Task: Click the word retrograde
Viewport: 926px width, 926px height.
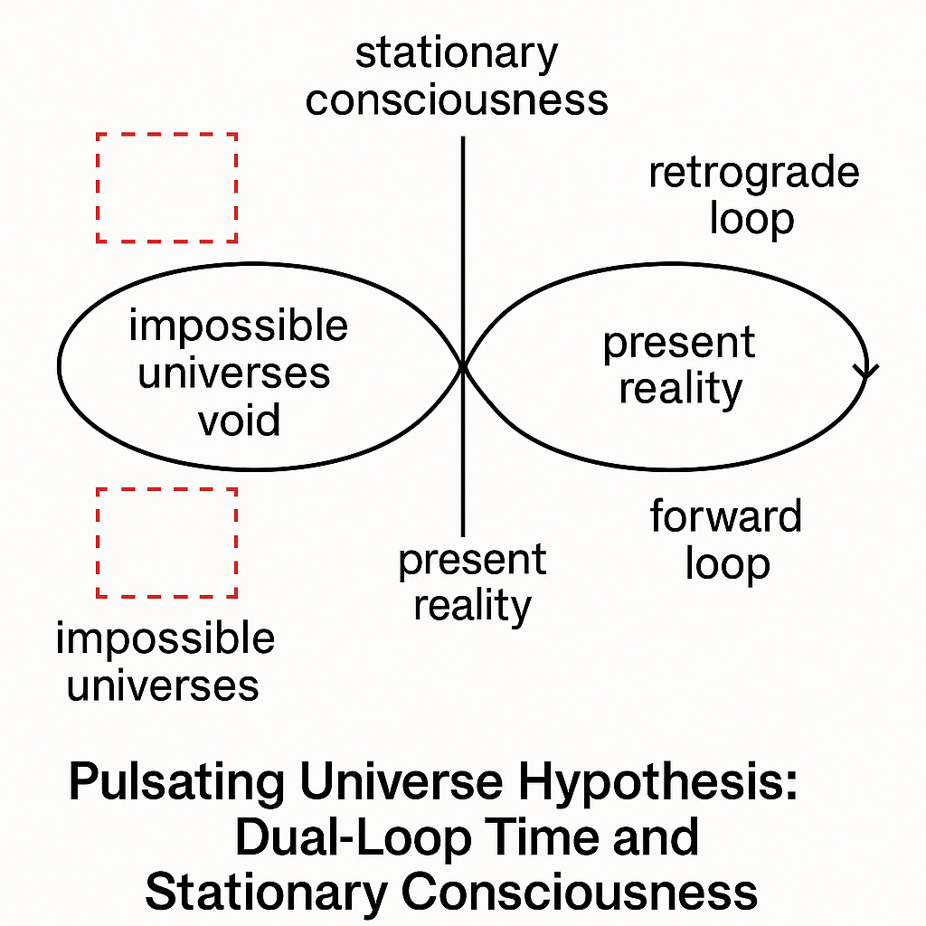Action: (x=753, y=173)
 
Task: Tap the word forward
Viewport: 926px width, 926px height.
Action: (x=725, y=517)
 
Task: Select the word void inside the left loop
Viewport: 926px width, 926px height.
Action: (x=240, y=420)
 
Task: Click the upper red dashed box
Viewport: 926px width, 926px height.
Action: (x=166, y=187)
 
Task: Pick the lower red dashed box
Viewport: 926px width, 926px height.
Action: (x=166, y=543)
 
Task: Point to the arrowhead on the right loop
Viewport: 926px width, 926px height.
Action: (x=867, y=369)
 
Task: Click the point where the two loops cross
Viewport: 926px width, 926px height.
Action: (x=463, y=365)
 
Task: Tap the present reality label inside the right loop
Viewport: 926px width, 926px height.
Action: (x=678, y=366)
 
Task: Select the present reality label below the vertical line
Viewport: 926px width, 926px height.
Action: (x=472, y=583)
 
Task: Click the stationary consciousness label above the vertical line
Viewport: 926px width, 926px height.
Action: (x=457, y=77)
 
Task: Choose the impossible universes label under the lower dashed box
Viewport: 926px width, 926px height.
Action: (x=165, y=662)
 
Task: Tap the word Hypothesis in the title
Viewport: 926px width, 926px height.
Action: (x=651, y=783)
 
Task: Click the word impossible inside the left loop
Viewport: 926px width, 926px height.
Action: (x=238, y=326)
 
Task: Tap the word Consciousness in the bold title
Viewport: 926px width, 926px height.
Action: (x=579, y=891)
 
